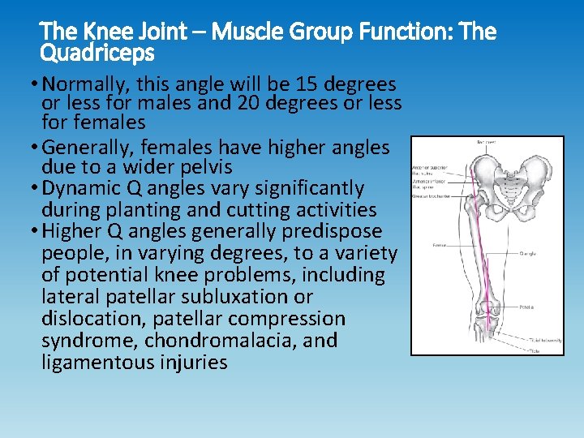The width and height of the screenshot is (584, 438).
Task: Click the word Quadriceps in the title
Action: (97, 54)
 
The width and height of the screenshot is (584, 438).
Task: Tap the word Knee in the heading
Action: (97, 32)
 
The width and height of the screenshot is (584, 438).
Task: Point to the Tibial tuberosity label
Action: (544, 341)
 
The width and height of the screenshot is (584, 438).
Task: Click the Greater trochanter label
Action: (431, 195)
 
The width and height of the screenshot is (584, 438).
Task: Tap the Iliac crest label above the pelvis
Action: (487, 143)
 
